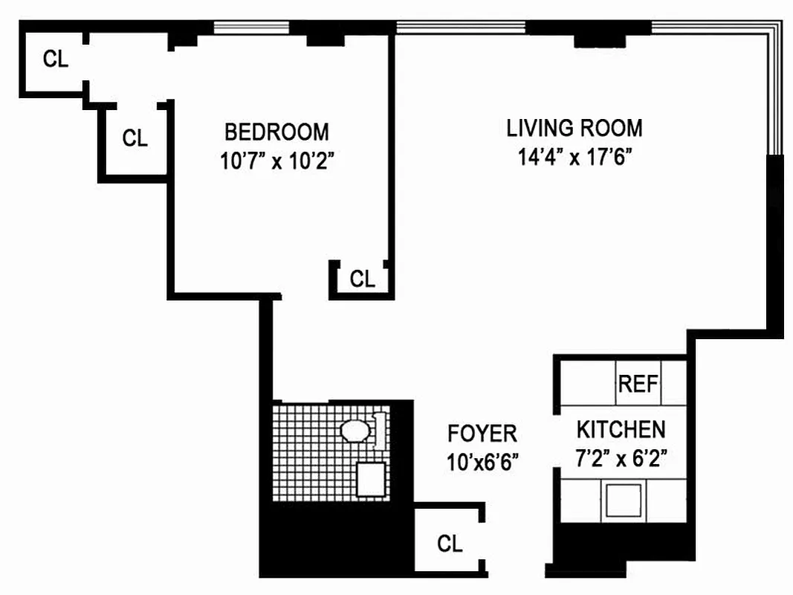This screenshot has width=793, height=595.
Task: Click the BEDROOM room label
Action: (276, 132)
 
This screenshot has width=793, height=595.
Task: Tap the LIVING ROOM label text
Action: (574, 128)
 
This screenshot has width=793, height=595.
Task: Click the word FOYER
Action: (482, 433)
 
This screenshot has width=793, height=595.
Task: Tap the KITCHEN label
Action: (621, 430)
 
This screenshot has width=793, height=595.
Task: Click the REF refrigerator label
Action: (638, 385)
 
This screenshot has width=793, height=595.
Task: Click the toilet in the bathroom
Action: (356, 431)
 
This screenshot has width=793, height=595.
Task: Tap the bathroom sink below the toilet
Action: (370, 479)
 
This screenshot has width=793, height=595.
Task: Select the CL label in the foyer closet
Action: (450, 544)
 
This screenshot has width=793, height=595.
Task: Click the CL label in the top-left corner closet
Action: (55, 59)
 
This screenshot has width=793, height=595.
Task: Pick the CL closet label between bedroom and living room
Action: (362, 279)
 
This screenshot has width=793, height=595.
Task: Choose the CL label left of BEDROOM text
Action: (135, 138)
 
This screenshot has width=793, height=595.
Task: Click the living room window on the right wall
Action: (775, 89)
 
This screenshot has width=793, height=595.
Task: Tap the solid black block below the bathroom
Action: (334, 535)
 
